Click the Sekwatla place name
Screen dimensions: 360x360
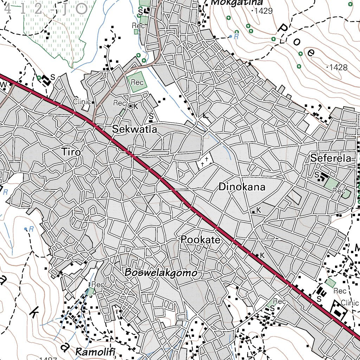134,129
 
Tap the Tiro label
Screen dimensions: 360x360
71,152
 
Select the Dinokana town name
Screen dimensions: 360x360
242,187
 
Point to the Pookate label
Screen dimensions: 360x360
200,240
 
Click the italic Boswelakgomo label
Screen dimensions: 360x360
160,272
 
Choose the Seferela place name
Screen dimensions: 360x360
331,159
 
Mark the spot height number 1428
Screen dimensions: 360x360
338,67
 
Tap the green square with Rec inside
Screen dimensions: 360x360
136,82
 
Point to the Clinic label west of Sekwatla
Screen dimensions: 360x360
82,102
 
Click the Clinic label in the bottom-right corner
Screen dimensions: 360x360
350,303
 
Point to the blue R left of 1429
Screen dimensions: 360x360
236,36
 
